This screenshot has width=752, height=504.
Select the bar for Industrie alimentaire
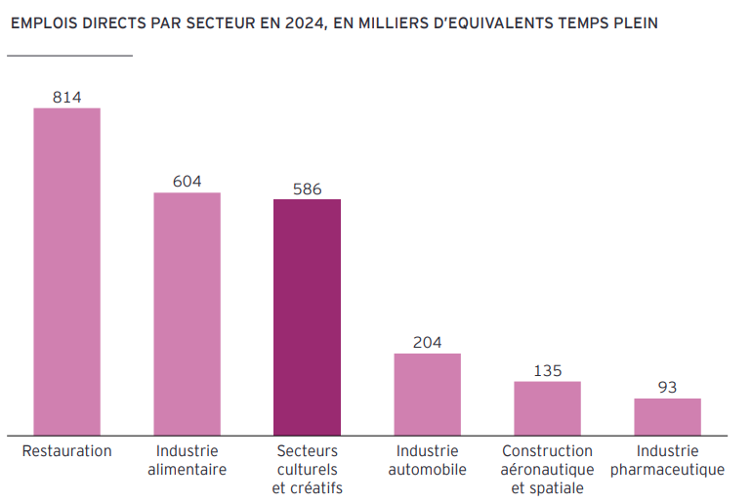click(187, 314)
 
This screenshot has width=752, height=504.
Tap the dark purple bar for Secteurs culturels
click(307, 316)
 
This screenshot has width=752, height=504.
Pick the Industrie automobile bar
click(427, 394)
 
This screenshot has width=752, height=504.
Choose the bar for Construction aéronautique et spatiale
click(547, 407)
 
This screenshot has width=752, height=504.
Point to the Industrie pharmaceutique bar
click(667, 416)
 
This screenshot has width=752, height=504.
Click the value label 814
click(66, 97)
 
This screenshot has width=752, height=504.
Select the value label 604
click(187, 182)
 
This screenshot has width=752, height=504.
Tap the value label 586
click(307, 189)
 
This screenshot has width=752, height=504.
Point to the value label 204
click(427, 343)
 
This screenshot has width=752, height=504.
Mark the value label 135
click(547, 371)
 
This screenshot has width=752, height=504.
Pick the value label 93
click(667, 388)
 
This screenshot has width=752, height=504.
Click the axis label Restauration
click(66, 451)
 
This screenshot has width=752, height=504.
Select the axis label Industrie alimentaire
click(187, 460)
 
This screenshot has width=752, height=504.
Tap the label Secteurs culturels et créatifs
click(307, 470)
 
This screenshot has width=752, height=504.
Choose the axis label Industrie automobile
click(427, 460)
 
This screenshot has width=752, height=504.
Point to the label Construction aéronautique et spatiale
click(547, 470)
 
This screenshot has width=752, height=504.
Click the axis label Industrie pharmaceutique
click(667, 460)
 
